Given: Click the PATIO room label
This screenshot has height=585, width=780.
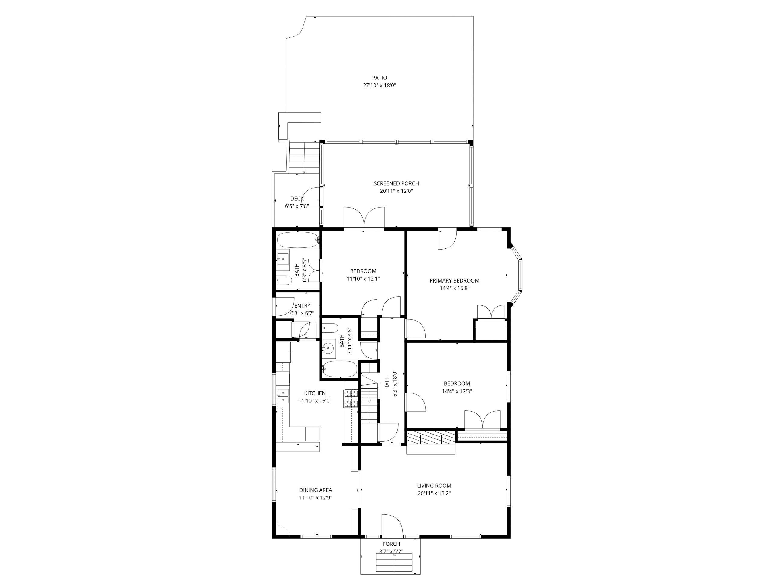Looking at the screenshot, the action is [379, 78].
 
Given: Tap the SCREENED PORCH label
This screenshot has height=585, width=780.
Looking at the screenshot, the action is [396, 183].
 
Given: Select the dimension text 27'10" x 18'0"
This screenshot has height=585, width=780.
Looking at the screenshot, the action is [379, 85].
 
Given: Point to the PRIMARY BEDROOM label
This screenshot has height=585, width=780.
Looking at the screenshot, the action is [454, 281].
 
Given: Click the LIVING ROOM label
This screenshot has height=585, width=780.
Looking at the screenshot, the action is [434, 486].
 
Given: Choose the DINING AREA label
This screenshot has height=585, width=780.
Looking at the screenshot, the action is [316, 490].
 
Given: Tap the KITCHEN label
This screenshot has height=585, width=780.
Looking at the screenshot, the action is [315, 393].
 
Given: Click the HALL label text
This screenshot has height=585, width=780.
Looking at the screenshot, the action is [387, 383].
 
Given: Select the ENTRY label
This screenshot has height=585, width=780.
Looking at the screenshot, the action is [302, 306].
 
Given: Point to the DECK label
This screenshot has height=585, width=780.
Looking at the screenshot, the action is [297, 199].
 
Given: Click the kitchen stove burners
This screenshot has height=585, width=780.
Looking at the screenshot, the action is [351, 399].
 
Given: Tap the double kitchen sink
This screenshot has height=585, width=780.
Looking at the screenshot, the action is [283, 396].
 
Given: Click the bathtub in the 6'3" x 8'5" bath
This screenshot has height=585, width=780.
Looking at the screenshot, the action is [298, 240].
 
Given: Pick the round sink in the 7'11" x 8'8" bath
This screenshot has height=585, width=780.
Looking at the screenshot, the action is [329, 348].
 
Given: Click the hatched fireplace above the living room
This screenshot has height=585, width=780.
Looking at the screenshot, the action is [431, 437].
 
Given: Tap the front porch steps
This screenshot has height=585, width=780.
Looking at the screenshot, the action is [394, 563].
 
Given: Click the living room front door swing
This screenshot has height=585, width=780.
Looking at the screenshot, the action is [392, 525].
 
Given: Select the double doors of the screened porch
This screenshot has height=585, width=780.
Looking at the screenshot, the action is [364, 218].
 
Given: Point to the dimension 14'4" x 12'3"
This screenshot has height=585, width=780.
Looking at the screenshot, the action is [457, 391].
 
